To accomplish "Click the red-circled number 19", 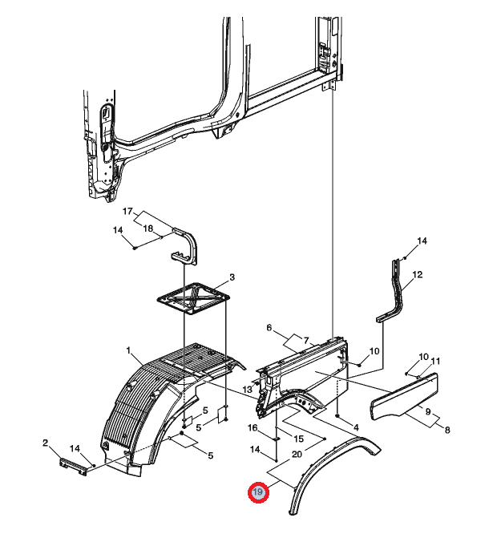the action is click(258, 492).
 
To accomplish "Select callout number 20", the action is click(297, 454).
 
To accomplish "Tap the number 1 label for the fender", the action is click(128, 350).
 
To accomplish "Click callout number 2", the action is click(45, 443).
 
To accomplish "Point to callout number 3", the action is click(232, 277).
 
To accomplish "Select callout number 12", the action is click(418, 274).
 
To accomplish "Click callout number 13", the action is click(247, 390).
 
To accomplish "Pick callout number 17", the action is click(127, 212).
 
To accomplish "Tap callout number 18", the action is click(147, 229).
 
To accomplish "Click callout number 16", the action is click(253, 428).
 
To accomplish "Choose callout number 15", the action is click(299, 439).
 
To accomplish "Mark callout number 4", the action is click(356, 427).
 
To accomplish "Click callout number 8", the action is click(447, 430).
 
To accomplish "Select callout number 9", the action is click(428, 411).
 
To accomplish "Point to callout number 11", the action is click(435, 361).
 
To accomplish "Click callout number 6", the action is click(269, 328).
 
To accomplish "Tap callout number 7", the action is click(306, 341).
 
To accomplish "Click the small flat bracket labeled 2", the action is click(73, 467).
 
